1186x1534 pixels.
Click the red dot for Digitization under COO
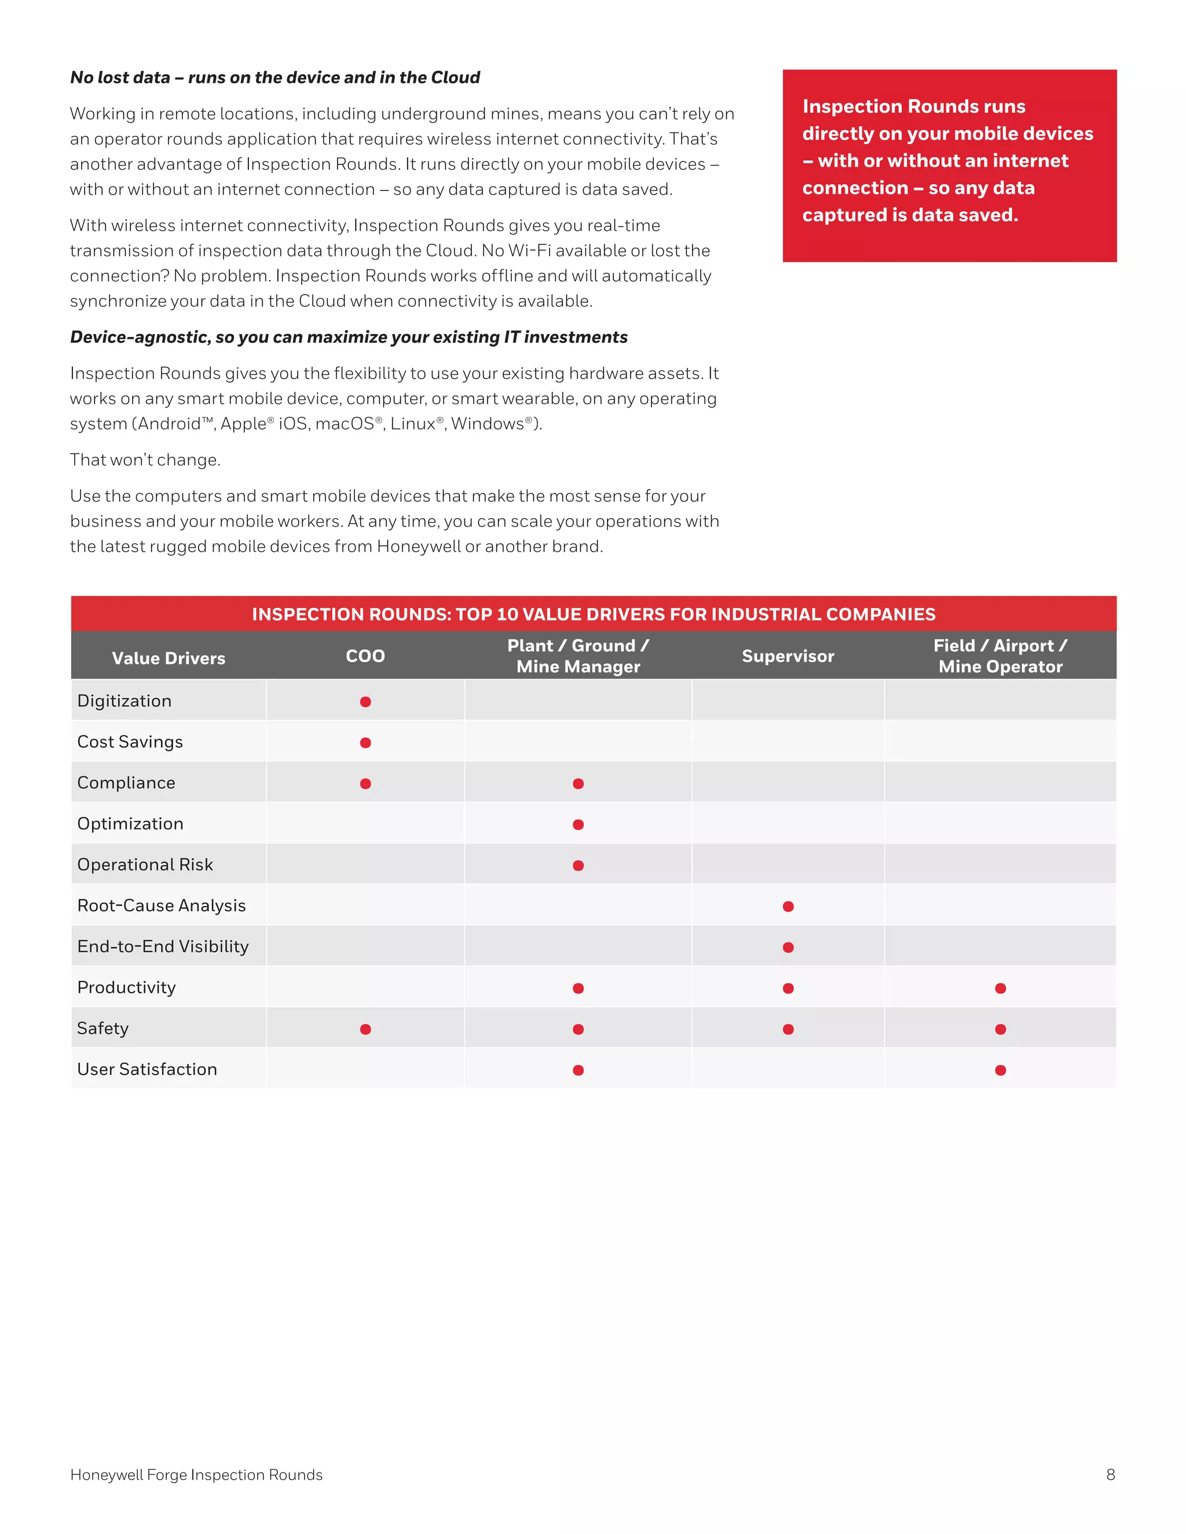[x=365, y=702]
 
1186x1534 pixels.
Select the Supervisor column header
[x=788, y=656]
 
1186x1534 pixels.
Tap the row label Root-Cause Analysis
[x=162, y=905]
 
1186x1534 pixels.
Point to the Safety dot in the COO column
[x=365, y=1029]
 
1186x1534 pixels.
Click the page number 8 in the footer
[x=1110, y=1475]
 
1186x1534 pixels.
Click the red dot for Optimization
[x=579, y=824]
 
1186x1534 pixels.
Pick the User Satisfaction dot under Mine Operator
[x=1001, y=1070]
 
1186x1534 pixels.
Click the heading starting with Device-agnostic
[x=349, y=337]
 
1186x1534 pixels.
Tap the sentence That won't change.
[x=145, y=460]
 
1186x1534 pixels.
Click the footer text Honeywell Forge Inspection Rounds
[x=196, y=1475]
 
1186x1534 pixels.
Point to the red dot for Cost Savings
[x=365, y=743]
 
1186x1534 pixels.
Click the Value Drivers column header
[x=169, y=658]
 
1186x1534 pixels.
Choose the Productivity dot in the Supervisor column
[x=788, y=988]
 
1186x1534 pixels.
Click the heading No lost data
[x=274, y=77]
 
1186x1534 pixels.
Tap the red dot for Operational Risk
[x=579, y=865]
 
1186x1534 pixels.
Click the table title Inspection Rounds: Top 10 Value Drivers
[x=593, y=615]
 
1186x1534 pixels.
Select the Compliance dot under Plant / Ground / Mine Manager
[x=579, y=784]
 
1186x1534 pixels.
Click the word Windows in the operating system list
[x=488, y=424]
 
